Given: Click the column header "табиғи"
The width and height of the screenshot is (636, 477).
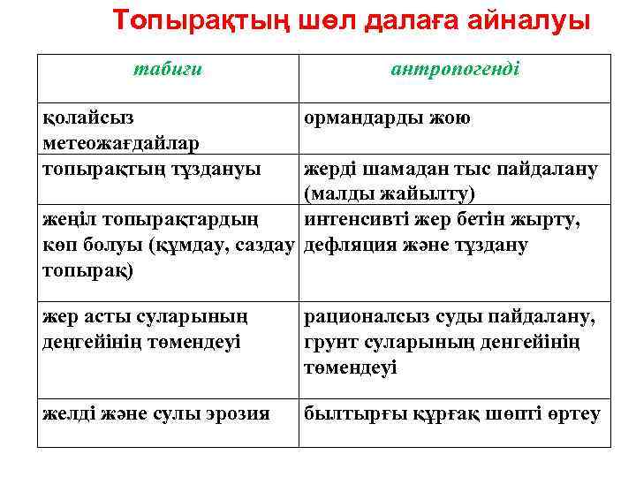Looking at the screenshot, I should pyautogui.click(x=168, y=70).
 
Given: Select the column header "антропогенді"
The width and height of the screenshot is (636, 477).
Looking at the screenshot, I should pyautogui.click(x=455, y=70).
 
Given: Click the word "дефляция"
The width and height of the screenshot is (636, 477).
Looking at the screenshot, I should pyautogui.click(x=354, y=245).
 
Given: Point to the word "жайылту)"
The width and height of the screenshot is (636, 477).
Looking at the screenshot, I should pyautogui.click(x=426, y=193).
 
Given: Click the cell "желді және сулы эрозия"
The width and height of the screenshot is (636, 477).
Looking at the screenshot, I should pyautogui.click(x=156, y=413).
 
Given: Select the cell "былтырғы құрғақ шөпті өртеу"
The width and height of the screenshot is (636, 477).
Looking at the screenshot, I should pyautogui.click(x=452, y=413).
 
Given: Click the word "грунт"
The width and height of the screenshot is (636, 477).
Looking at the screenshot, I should pyautogui.click(x=329, y=341).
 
